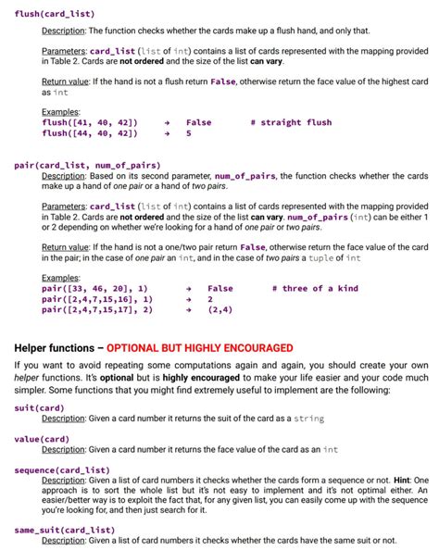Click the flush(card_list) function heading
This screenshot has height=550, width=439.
click(x=55, y=15)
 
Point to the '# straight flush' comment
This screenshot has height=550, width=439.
click(x=291, y=122)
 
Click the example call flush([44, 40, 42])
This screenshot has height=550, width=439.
click(x=91, y=133)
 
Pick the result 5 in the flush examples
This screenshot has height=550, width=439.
click(x=189, y=133)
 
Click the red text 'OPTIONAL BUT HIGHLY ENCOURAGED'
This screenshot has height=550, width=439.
click(x=200, y=348)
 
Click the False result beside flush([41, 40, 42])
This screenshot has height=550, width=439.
click(x=198, y=122)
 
